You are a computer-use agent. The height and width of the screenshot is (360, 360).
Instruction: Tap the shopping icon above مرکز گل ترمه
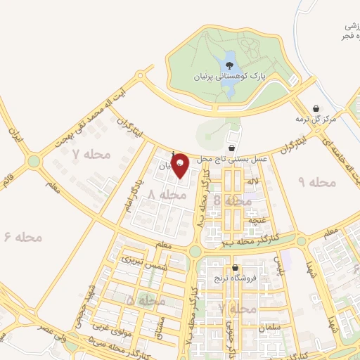[x=316, y=108]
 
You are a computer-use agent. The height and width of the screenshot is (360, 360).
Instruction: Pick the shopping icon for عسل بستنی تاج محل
[x=232, y=148]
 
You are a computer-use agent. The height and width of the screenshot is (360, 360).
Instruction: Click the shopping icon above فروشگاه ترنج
[x=234, y=267]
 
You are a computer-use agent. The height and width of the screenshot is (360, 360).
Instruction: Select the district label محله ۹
[x=319, y=182]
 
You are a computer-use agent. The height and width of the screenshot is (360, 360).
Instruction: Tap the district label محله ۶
[x=24, y=237]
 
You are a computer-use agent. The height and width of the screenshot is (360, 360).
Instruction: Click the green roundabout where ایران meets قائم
[x=34, y=162]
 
